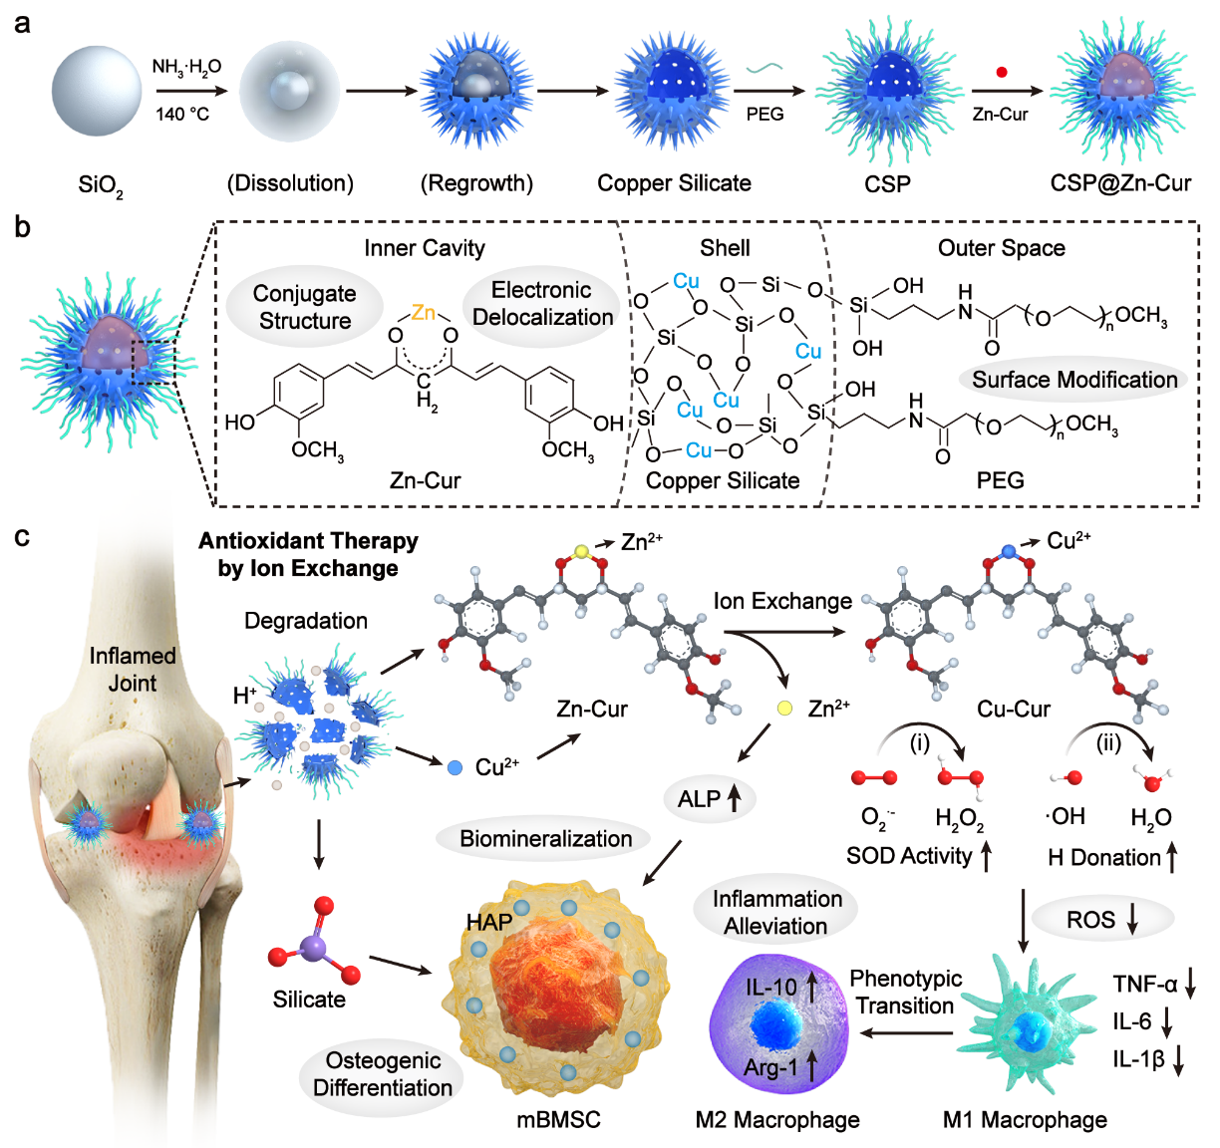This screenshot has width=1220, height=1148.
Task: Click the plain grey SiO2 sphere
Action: click(97, 91)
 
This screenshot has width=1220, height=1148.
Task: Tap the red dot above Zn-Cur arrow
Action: click(1002, 72)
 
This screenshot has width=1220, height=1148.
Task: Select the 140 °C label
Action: click(182, 115)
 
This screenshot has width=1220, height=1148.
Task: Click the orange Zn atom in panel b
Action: click(424, 313)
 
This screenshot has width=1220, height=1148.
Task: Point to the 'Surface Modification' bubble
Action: click(1073, 380)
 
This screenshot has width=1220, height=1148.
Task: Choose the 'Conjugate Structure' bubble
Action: click(305, 307)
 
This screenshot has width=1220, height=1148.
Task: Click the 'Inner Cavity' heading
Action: click(425, 248)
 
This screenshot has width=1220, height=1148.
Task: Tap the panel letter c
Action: click(22, 537)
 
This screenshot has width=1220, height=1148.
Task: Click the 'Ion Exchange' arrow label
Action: click(782, 601)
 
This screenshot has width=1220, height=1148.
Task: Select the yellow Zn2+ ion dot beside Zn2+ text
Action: click(785, 709)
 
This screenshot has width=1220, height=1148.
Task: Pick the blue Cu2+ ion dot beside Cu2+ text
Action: click(455, 767)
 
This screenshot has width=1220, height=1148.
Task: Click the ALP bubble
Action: click(710, 798)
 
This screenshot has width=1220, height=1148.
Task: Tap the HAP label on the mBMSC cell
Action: click(489, 922)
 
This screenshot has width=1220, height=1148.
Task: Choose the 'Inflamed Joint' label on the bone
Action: click(133, 669)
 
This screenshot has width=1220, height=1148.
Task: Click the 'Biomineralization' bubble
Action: click(545, 839)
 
